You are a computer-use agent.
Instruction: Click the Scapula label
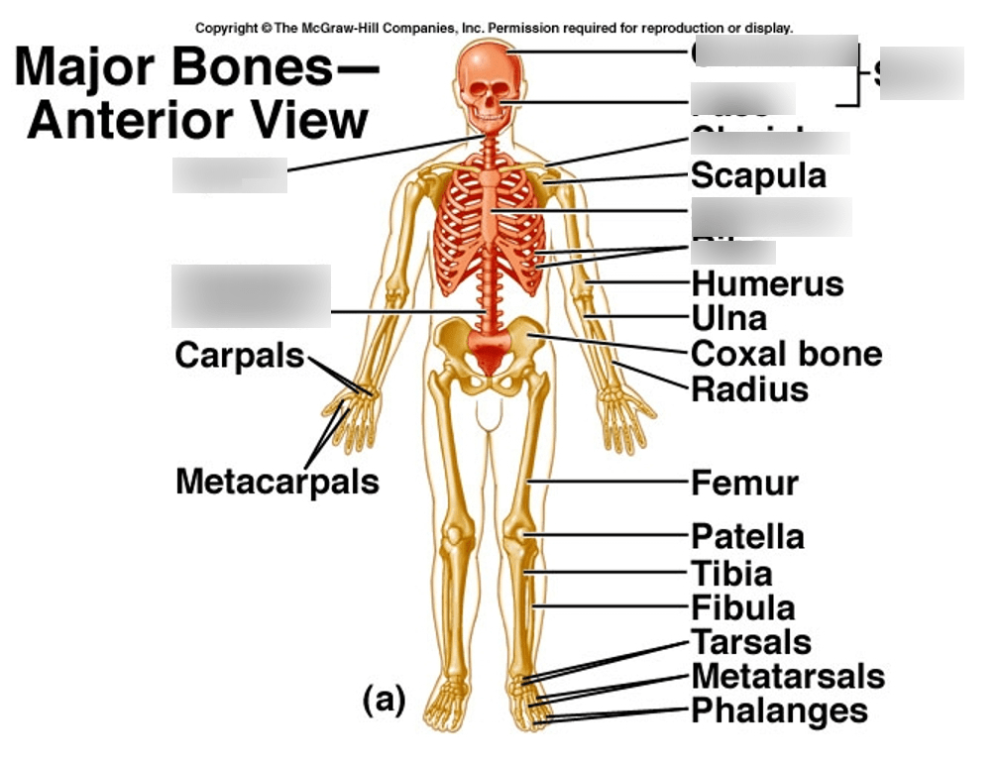click(758, 176)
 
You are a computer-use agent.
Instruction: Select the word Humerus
click(767, 284)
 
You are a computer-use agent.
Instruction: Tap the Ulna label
click(728, 319)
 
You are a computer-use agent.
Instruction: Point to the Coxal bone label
click(786, 354)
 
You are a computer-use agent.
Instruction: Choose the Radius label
click(749, 389)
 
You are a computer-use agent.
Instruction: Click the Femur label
click(744, 484)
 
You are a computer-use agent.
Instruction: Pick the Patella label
click(747, 537)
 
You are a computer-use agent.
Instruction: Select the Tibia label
click(731, 573)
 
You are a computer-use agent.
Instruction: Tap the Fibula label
click(742, 607)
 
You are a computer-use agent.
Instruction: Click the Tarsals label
click(751, 642)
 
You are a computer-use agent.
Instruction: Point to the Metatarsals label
click(788, 677)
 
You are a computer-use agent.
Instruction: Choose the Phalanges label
click(779, 711)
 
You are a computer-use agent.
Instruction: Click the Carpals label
click(240, 355)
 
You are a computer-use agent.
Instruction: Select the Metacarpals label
click(277, 482)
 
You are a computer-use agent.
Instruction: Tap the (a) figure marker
click(384, 701)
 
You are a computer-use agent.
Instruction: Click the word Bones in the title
click(245, 67)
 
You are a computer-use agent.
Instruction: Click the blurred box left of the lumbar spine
click(251, 295)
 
